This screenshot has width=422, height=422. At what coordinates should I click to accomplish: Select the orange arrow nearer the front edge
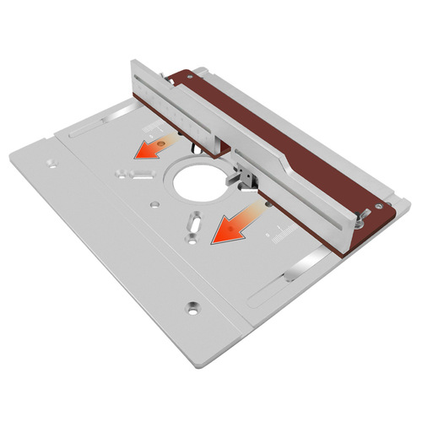coord(230,224)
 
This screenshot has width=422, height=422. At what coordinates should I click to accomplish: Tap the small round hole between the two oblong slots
coord(154,204)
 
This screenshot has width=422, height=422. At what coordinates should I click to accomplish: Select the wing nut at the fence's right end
coord(359,221)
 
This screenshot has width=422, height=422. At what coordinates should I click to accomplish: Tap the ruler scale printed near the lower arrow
coord(283,236)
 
